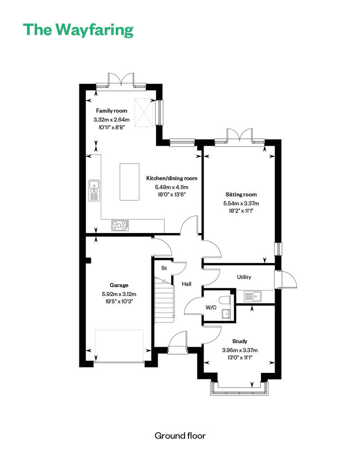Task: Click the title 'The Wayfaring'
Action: tap(78, 30)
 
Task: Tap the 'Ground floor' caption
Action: tap(180, 436)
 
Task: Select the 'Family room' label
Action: tap(112, 111)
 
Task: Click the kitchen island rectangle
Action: tap(130, 182)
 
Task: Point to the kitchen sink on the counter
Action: tap(94, 190)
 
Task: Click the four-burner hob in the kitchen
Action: tap(120, 225)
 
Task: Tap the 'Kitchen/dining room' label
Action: tap(171, 178)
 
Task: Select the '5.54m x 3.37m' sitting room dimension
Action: tap(241, 204)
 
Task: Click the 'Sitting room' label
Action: tap(241, 195)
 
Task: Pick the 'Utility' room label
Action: tap(244, 277)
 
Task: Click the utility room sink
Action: tap(253, 296)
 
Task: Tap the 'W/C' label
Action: tap(211, 308)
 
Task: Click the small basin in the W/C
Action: tap(226, 314)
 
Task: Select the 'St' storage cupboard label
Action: tap(164, 268)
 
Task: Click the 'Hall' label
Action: tap(186, 284)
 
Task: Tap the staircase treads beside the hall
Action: tap(164, 300)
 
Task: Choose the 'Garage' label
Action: tap(119, 285)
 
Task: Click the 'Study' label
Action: tap(239, 341)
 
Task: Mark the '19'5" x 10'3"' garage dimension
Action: tap(119, 301)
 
